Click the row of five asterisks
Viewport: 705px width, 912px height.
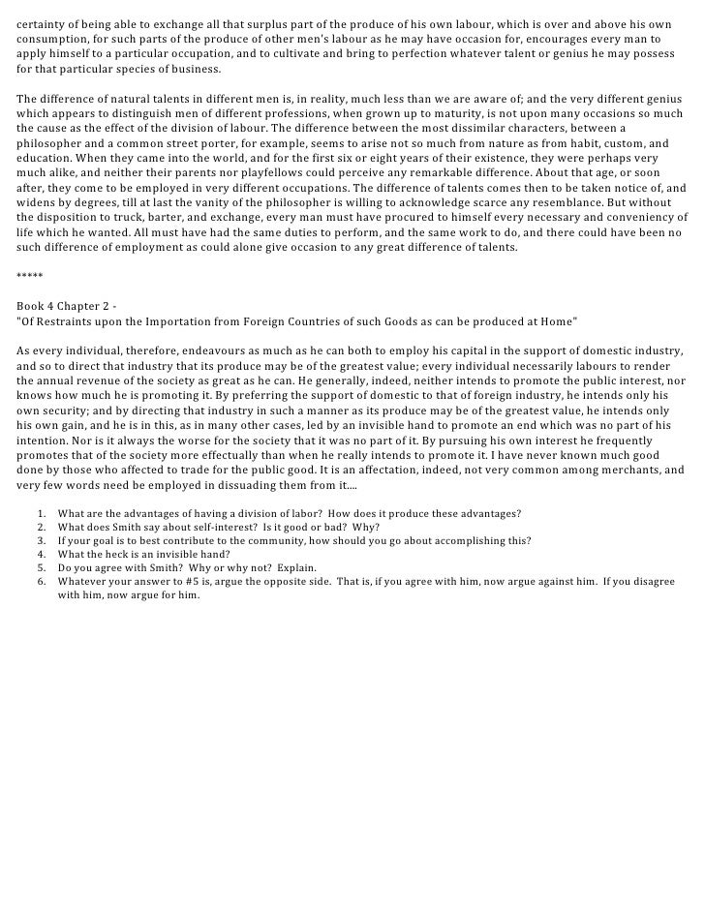pos(30,276)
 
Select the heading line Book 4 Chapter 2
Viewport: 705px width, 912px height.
pos(65,304)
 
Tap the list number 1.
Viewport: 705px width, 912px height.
pos(40,512)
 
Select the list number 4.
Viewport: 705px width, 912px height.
pos(40,553)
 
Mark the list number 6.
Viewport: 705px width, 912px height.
pos(40,581)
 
